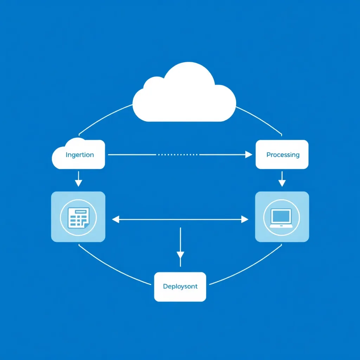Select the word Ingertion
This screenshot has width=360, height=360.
[80, 155]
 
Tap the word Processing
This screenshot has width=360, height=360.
[283, 155]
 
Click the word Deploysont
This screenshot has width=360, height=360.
[180, 287]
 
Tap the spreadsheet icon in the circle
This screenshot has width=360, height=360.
[78, 217]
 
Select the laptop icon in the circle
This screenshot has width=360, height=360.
[281, 218]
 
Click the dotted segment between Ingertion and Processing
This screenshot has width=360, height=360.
[178, 154]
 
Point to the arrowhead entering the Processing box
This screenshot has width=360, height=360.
[249, 154]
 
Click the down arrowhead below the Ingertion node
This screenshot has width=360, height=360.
[78, 182]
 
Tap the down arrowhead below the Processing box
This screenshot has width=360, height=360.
[282, 182]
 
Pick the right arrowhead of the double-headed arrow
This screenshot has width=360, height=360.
[245, 220]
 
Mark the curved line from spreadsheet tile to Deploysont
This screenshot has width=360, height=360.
[112, 269]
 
